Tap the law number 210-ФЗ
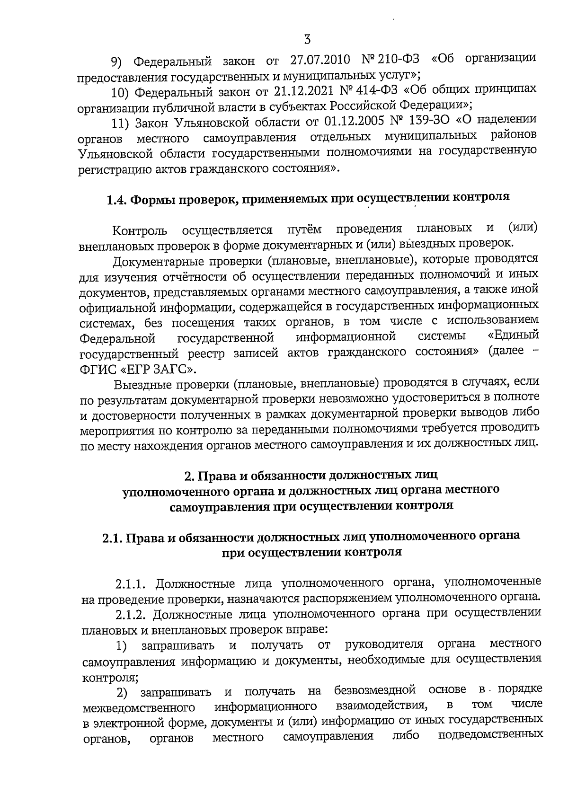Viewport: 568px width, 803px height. [397, 60]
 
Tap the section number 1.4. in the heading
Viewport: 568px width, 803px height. [116, 199]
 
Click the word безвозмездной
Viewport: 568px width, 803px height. [374, 689]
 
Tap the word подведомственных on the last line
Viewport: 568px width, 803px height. [490, 736]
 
